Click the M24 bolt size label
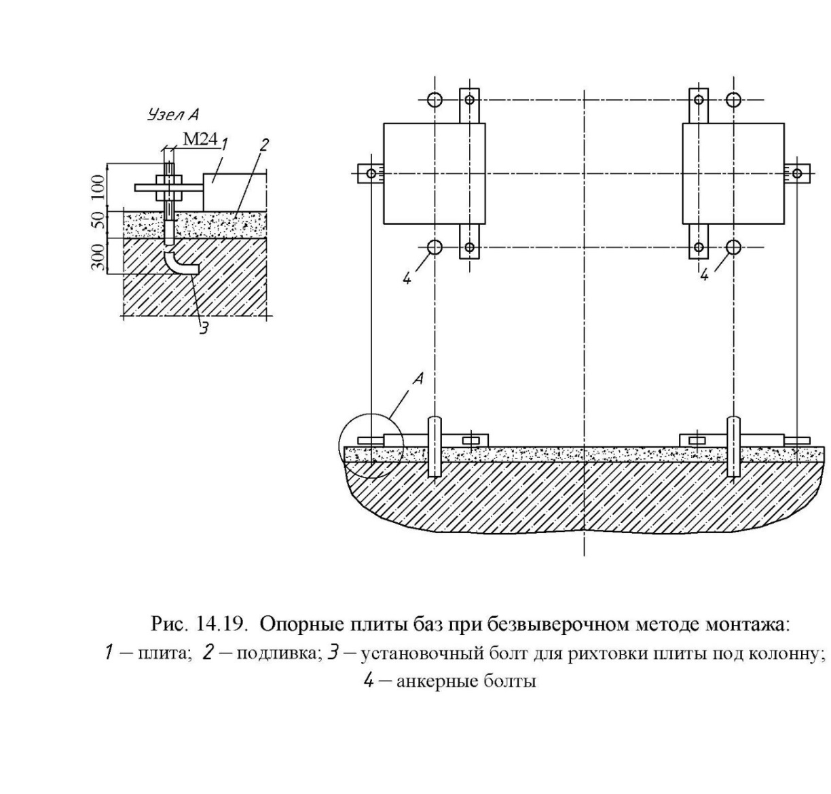200,139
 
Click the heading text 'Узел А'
173,115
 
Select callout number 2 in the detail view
264,145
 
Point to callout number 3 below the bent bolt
204,328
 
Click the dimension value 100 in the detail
98,187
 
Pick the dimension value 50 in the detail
98,222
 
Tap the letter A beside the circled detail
419,378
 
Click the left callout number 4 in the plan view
407,278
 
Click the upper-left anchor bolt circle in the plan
435,100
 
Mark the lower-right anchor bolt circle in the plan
734,247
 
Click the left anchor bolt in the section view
435,446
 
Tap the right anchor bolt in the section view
734,446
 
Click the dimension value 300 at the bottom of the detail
98,256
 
